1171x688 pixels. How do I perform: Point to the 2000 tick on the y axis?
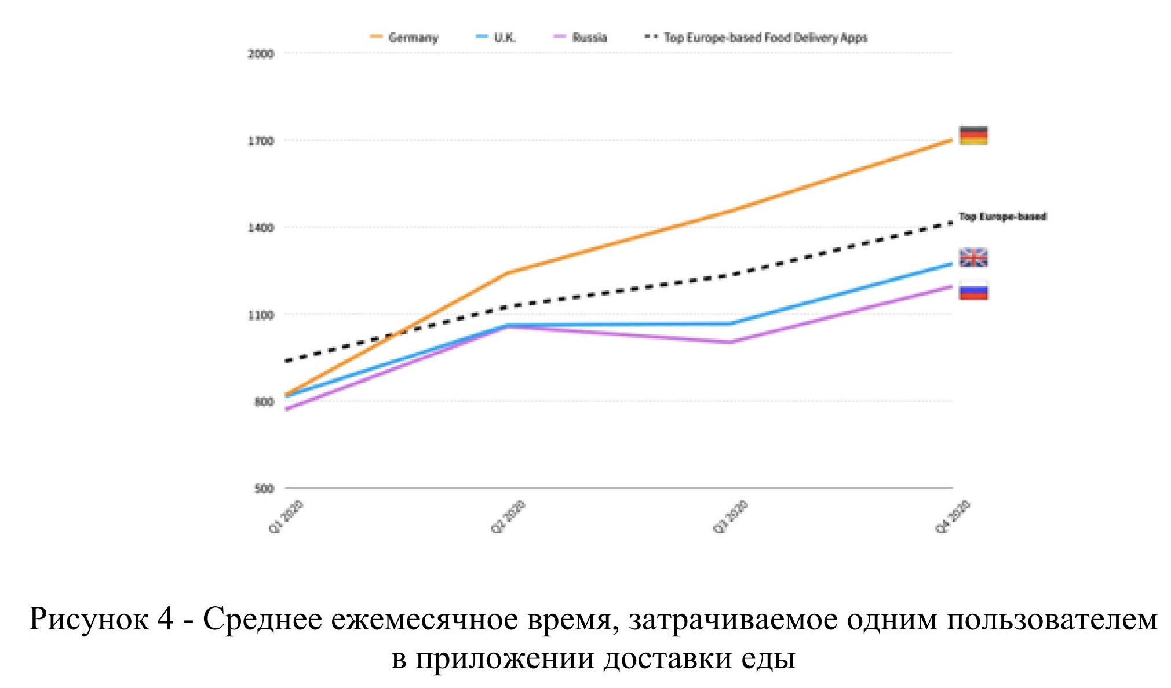pyautogui.click(x=260, y=54)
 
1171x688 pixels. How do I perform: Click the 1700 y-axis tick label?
pyautogui.click(x=260, y=141)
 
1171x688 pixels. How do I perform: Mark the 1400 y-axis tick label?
pyautogui.click(x=260, y=228)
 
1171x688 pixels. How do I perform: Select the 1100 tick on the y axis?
pyautogui.click(x=260, y=315)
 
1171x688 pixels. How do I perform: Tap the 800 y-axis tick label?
pyautogui.click(x=263, y=402)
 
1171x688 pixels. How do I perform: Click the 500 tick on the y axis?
pyautogui.click(x=263, y=489)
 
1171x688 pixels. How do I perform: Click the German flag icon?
pyautogui.click(x=973, y=135)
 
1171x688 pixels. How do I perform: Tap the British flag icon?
pyautogui.click(x=973, y=257)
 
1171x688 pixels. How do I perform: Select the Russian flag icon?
pyautogui.click(x=973, y=290)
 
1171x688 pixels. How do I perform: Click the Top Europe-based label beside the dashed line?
pyautogui.click(x=1002, y=217)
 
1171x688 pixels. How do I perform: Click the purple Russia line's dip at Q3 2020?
pyautogui.click(x=730, y=342)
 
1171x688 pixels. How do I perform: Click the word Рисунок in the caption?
pyautogui.click(x=88, y=619)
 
